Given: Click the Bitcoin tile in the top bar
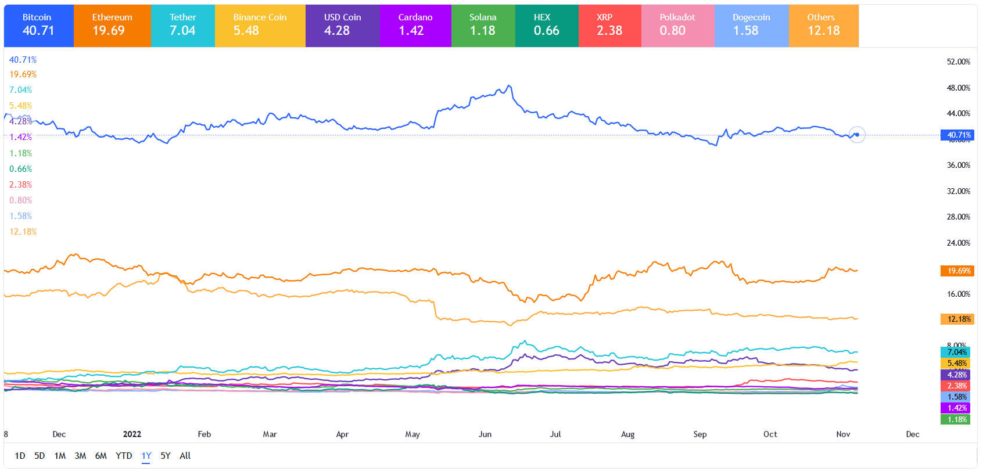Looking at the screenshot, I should [x=38, y=26].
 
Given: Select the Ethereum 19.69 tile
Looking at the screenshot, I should [x=112, y=26].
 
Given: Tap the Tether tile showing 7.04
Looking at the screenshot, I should [x=182, y=26].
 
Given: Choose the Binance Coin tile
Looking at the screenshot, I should [x=260, y=26].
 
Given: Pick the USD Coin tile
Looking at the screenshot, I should [x=342, y=26].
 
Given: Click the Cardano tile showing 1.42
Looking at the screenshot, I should [x=415, y=26].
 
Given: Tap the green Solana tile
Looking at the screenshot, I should [x=483, y=26].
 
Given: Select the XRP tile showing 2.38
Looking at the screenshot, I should [x=609, y=26].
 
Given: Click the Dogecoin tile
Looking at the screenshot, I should [x=751, y=26].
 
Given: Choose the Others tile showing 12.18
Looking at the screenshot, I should [x=823, y=26].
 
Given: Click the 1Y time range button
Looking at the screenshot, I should [x=146, y=456].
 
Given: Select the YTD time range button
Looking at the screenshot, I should [x=124, y=456].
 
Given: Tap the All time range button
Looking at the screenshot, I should [x=185, y=456].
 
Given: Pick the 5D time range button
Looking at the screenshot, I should [x=40, y=456].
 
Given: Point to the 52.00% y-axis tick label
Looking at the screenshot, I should [x=958, y=62].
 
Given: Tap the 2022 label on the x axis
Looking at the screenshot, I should [x=132, y=434].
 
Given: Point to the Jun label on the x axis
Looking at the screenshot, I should [x=485, y=434].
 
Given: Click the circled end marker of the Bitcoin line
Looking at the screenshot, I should [x=857, y=135].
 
